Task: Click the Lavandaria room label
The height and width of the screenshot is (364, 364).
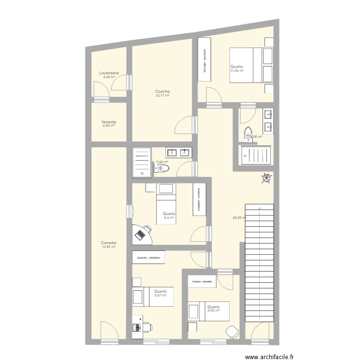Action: [109, 73]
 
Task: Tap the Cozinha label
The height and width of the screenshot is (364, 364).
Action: [162, 91]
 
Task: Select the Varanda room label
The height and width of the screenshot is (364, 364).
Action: [109, 122]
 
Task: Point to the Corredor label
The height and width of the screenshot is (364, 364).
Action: [109, 243]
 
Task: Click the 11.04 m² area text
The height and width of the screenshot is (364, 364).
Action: [237, 71]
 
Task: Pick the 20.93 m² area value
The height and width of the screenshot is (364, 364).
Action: [240, 218]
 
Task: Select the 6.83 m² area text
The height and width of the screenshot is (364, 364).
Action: [214, 311]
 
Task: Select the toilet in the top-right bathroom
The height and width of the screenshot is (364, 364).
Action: [248, 132]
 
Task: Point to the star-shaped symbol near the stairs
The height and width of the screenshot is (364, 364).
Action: [266, 179]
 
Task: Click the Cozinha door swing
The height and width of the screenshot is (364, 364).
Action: [184, 126]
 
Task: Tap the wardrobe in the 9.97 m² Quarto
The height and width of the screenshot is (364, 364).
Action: [149, 257]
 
